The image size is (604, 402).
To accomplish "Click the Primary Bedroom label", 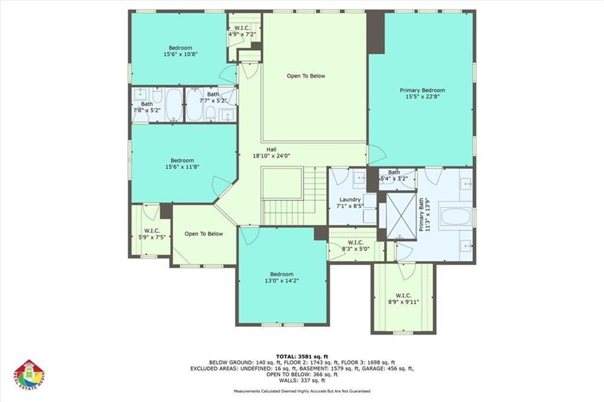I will (422, 93).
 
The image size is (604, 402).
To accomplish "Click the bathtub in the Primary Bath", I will (455, 217).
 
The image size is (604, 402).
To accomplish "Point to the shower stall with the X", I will (401, 215).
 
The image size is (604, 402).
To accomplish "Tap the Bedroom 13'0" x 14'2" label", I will (281, 277).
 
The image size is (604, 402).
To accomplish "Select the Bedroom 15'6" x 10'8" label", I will (180, 51).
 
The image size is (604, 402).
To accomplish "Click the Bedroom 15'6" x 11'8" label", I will (182, 164).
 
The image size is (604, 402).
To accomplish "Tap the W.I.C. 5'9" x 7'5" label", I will (149, 234).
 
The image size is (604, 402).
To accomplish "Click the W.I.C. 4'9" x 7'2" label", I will (242, 31).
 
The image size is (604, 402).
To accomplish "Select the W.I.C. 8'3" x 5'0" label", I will (355, 246).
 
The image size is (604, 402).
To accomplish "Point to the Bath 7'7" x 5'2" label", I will (212, 97).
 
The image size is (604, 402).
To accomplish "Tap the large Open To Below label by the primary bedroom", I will (306, 76).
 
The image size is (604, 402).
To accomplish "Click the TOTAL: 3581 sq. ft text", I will (301, 356).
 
